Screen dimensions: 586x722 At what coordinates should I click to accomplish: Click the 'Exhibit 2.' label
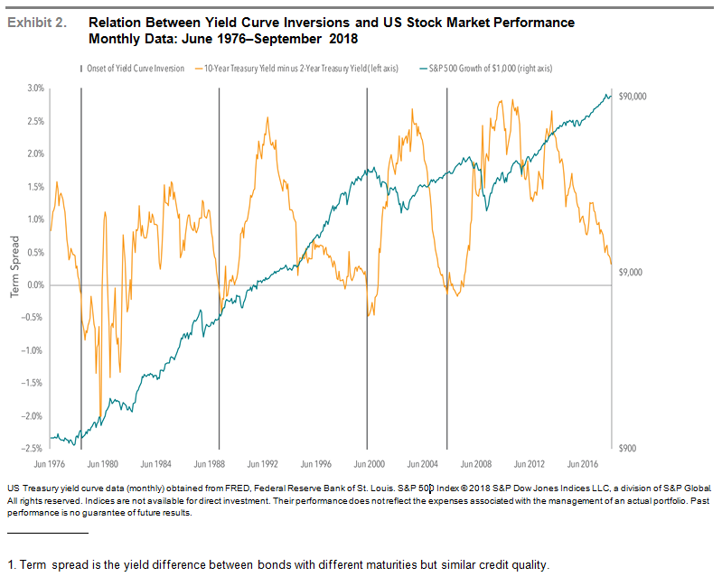tap(36, 23)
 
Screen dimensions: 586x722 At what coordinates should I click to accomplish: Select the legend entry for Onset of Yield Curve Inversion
tap(136, 68)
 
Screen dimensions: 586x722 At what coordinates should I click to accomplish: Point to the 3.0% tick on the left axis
tap(34, 88)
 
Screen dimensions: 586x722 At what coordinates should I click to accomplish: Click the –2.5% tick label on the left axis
tap(33, 449)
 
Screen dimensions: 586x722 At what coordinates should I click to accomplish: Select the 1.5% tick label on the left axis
tap(34, 187)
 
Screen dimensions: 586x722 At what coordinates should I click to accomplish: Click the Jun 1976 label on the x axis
tap(50, 463)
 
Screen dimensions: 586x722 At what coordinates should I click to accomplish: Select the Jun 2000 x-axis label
tap(367, 463)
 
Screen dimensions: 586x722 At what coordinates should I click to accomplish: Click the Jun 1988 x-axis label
tap(209, 463)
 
